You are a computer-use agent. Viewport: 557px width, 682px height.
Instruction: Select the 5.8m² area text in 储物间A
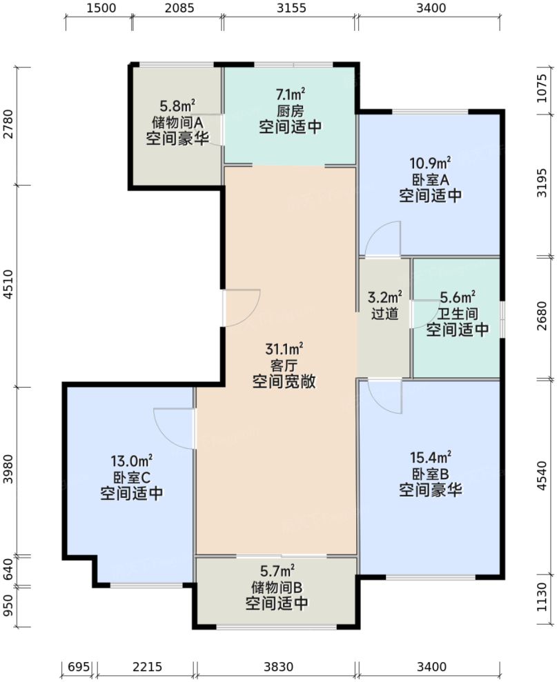click(x=177, y=106)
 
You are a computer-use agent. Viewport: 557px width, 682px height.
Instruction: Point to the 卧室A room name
click(x=430, y=179)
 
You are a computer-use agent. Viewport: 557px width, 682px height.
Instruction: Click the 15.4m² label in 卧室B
click(x=430, y=457)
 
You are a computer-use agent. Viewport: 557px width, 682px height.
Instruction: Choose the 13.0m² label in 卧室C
click(x=132, y=461)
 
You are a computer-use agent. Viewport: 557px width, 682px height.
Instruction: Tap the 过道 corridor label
click(x=384, y=314)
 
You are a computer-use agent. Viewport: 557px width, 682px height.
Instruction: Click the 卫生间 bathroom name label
click(x=457, y=314)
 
